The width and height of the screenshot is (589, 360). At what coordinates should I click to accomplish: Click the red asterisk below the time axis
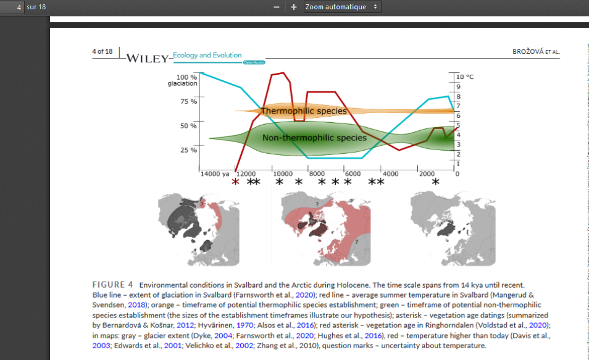(x=235, y=183)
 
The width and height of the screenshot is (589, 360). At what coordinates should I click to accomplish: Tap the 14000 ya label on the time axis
(x=215, y=174)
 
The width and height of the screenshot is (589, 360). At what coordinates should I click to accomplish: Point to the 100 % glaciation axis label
(x=182, y=80)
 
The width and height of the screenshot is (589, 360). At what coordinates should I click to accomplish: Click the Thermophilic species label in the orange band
(x=304, y=111)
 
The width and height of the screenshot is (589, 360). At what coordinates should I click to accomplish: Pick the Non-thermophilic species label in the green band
(x=314, y=138)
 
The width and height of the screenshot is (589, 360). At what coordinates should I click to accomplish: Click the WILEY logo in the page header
(x=147, y=59)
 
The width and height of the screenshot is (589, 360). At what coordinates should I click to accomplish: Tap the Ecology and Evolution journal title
(x=207, y=55)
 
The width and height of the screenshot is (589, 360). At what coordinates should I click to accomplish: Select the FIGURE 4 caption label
(x=113, y=285)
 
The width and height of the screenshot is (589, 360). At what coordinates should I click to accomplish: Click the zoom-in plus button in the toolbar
(x=294, y=7)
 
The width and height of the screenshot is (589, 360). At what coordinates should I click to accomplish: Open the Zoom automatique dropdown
(x=341, y=7)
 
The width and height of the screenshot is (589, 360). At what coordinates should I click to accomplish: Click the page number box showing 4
(x=12, y=7)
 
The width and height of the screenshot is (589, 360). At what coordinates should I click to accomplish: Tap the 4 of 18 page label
(x=102, y=51)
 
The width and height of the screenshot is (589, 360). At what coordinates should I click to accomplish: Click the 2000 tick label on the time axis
(x=427, y=174)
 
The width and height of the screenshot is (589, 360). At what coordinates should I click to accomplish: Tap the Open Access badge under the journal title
(x=254, y=63)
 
